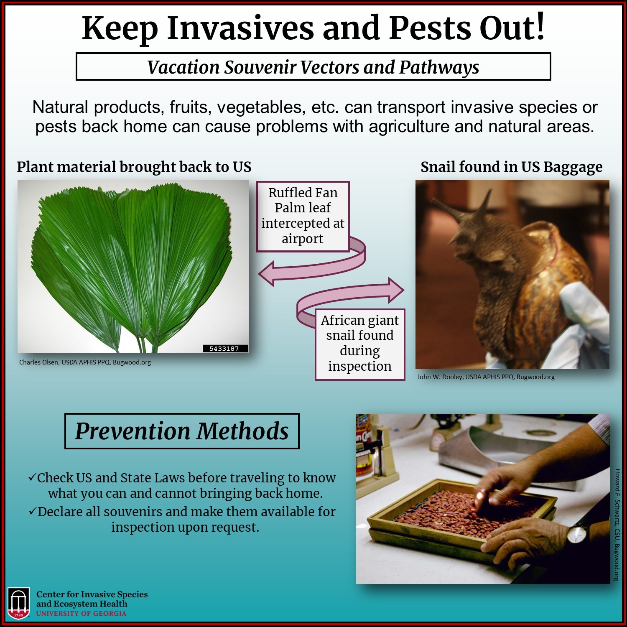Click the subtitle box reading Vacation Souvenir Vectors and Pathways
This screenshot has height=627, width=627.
coord(313,66)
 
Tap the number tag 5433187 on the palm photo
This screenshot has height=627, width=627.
coord(224,348)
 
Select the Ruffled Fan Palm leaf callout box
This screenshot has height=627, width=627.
coord(303,217)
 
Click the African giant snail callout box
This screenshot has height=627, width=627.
coord(360,344)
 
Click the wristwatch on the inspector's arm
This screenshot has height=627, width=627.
coord(577,535)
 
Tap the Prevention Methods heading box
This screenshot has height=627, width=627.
coord(182,431)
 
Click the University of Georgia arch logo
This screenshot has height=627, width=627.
coord(19,603)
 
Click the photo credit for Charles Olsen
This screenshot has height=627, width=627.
coord(85,362)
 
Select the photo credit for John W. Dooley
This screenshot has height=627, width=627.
coord(486,377)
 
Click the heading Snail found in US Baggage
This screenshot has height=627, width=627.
coord(512,167)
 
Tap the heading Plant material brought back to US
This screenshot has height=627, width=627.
coord(134,167)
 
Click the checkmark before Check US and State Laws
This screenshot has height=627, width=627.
coord(32,477)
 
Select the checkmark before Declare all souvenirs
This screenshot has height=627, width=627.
coord(33,511)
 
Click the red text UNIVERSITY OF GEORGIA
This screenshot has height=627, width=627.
coord(81,614)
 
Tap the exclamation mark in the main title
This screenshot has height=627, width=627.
coord(540,27)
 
